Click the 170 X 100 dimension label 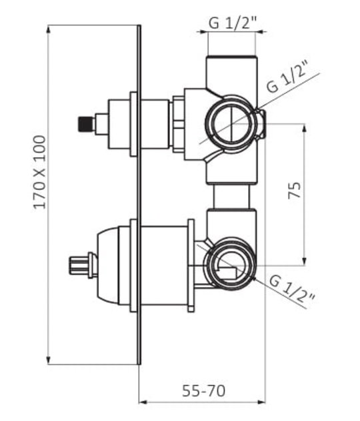point(39,173)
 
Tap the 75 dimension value point(295,191)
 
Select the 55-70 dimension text point(203,390)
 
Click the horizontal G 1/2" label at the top point(233,23)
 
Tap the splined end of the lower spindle point(78,265)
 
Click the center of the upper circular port point(231,123)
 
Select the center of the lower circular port point(230,265)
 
